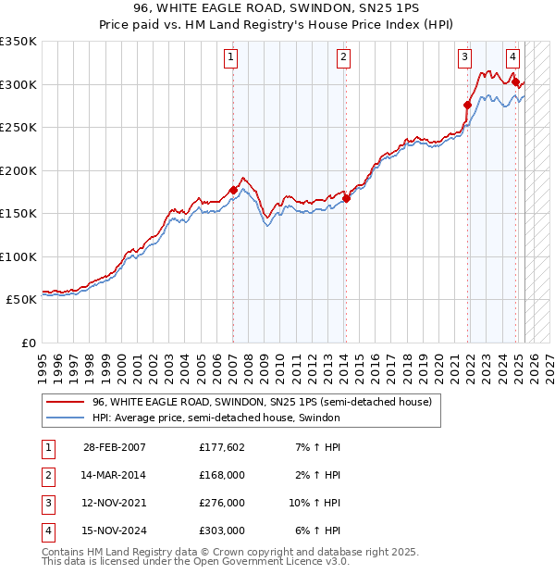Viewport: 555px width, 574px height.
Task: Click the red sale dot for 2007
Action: (233, 190)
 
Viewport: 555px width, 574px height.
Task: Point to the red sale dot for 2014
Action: (346, 198)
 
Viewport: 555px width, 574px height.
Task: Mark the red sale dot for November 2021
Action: (467, 105)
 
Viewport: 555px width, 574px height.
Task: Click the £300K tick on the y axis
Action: (18, 84)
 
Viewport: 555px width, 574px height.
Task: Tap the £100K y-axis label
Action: (18, 256)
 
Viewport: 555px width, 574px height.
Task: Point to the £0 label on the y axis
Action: (28, 343)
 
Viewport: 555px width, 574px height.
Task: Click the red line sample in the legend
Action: (66, 403)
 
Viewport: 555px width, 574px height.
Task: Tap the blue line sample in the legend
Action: (66, 418)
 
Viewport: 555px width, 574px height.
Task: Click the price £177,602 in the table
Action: (222, 447)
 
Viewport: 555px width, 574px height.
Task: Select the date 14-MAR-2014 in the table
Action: (114, 475)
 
